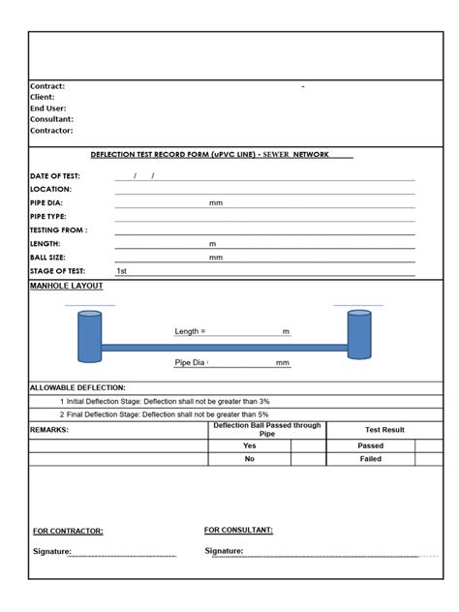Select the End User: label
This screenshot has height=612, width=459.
48,107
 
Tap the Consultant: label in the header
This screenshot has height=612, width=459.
52,119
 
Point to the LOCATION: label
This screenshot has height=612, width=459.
51,190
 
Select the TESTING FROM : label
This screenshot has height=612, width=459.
59,230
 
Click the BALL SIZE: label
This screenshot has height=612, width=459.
54,258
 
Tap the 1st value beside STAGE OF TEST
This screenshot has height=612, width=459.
121,272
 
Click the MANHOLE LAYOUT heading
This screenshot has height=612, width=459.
67,286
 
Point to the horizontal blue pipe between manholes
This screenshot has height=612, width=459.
223,347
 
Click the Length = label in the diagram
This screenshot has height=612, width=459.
191,332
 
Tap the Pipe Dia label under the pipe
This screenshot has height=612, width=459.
191,363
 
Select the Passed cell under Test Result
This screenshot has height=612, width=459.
371,446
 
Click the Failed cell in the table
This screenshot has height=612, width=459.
371,460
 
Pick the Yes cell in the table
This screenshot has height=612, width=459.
249,446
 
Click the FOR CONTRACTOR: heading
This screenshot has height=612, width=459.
68,531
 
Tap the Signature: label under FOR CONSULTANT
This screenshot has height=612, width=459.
224,551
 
